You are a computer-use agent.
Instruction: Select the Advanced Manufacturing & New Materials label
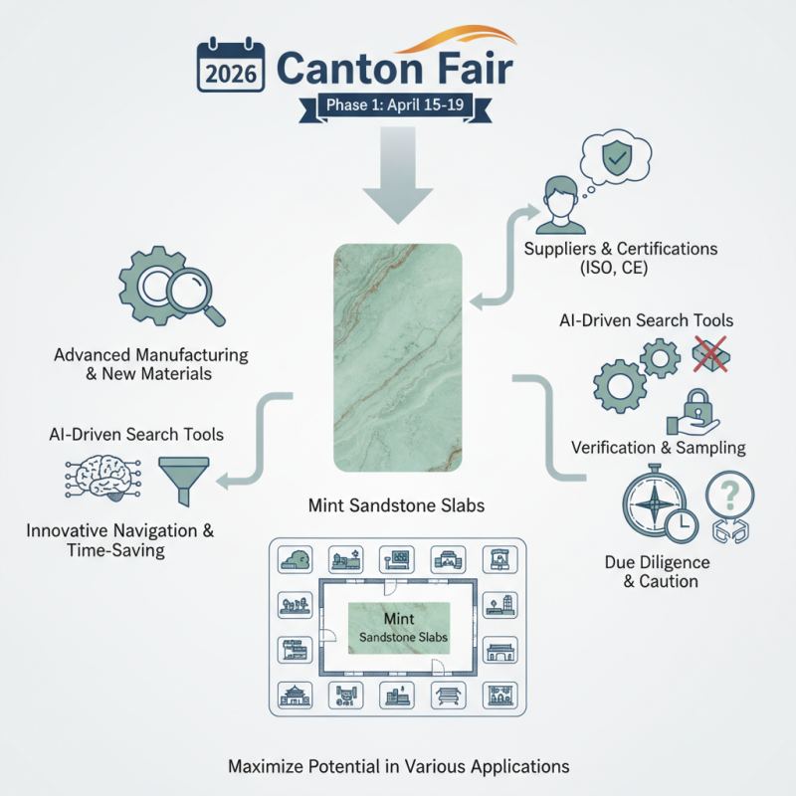(151, 365)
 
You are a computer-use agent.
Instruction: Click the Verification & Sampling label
(658, 448)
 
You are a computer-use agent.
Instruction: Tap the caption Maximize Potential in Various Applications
(398, 767)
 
